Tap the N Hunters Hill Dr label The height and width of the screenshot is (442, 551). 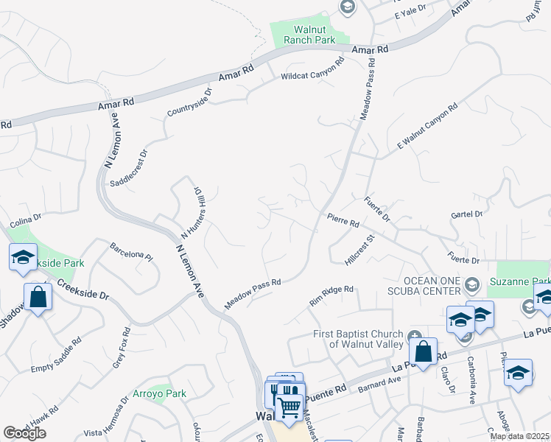pos(192,209)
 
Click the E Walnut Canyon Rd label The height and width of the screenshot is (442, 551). pos(427,127)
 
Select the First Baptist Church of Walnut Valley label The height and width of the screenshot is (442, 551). pos(359,338)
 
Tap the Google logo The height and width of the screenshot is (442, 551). pos(25,433)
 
